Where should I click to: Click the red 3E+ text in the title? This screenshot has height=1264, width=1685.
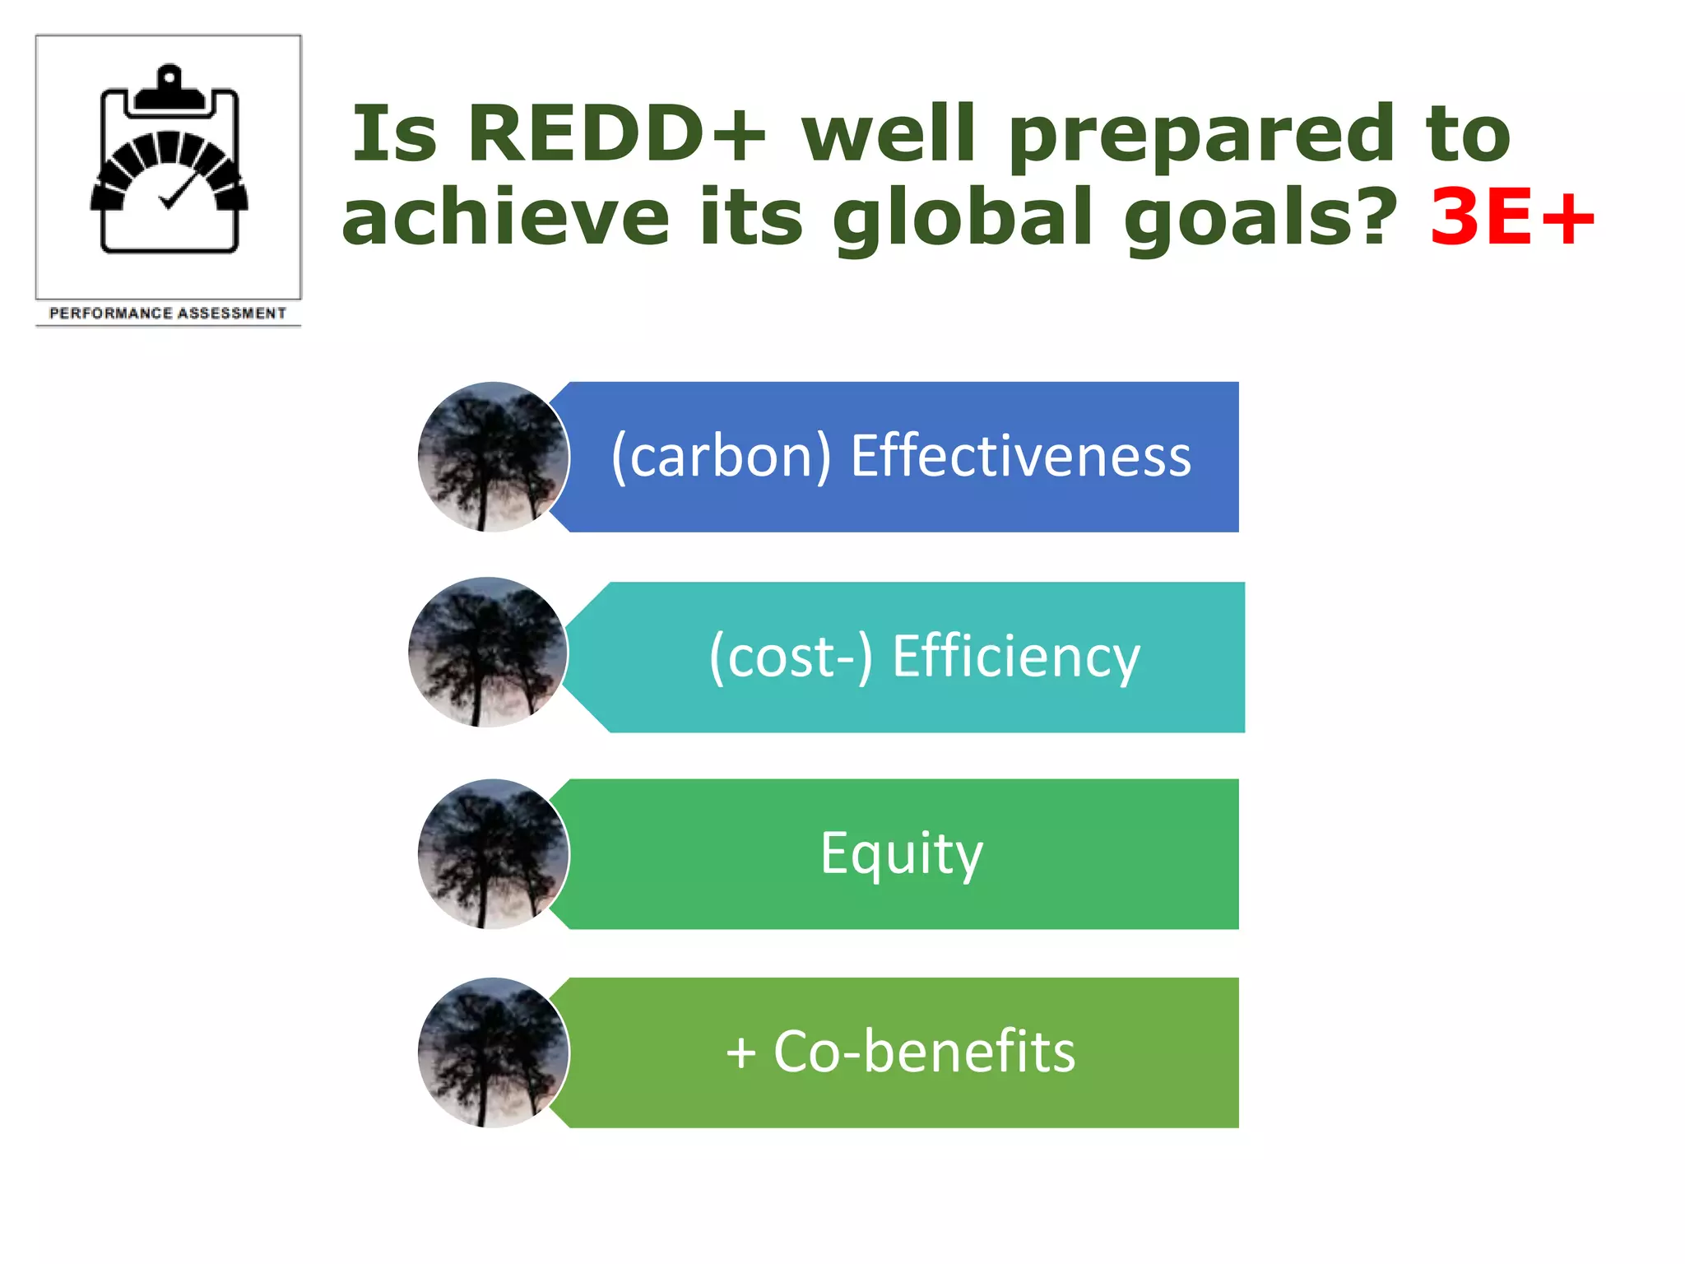click(x=1512, y=216)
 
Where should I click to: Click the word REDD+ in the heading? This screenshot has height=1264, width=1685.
click(x=616, y=133)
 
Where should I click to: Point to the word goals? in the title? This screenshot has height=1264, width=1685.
click(x=1260, y=219)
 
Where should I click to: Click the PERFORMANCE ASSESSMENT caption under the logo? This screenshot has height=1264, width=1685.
click(x=168, y=314)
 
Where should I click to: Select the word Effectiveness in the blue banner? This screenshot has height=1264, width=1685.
click(x=1020, y=456)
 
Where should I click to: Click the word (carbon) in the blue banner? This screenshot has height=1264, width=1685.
click(x=722, y=456)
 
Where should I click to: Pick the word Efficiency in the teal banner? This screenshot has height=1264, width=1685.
click(x=1016, y=657)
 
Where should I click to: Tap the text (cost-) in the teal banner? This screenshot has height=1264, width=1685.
click(x=791, y=657)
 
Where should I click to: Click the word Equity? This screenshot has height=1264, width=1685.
click(x=902, y=854)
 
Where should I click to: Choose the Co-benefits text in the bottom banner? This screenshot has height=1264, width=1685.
click(x=924, y=1053)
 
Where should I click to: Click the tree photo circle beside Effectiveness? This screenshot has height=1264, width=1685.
click(x=493, y=457)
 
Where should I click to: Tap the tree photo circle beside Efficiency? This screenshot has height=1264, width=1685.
click(x=487, y=652)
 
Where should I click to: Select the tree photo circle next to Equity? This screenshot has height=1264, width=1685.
click(x=493, y=854)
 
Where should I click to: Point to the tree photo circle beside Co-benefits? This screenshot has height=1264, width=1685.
click(x=493, y=1053)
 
